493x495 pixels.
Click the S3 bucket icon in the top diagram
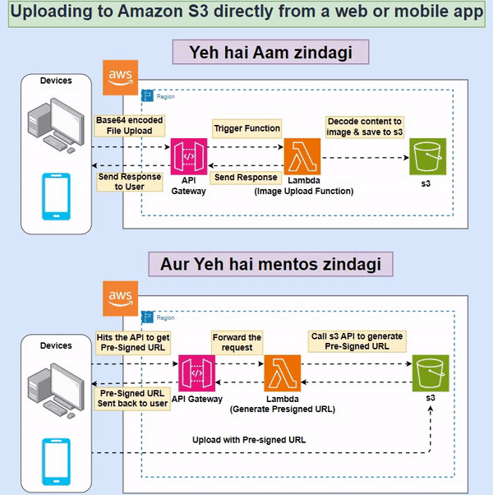coord(427,156)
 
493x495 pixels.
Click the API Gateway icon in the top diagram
coord(188,156)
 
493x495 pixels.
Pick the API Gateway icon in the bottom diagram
coord(196,375)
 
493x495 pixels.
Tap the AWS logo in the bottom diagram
coord(120,298)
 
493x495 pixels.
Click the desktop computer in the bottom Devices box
coord(56,384)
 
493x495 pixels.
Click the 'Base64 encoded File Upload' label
coord(130,126)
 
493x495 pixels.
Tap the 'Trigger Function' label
coord(246,128)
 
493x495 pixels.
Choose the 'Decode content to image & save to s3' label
coord(364,127)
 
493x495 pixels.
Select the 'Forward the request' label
coord(237,342)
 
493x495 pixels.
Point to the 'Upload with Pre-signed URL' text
coord(249,440)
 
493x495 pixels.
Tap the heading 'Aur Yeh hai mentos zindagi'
coord(270,265)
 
